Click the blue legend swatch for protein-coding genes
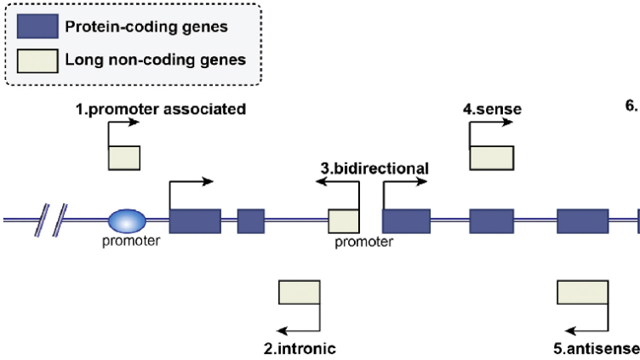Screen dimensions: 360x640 [x=37, y=26]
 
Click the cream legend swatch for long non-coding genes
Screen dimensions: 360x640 [x=37, y=60]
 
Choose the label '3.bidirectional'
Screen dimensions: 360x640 [x=374, y=168]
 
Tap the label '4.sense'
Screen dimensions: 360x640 [x=492, y=109]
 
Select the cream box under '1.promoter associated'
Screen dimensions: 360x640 [x=124, y=158]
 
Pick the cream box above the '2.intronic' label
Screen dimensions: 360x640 [x=300, y=292]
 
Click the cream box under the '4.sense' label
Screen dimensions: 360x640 [x=492, y=158]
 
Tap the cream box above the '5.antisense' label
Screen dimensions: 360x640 [x=581, y=292]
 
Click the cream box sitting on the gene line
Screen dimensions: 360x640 [x=343, y=221]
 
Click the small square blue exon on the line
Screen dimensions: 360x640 [x=250, y=221]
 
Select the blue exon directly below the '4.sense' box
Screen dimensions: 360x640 [x=491, y=221]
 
